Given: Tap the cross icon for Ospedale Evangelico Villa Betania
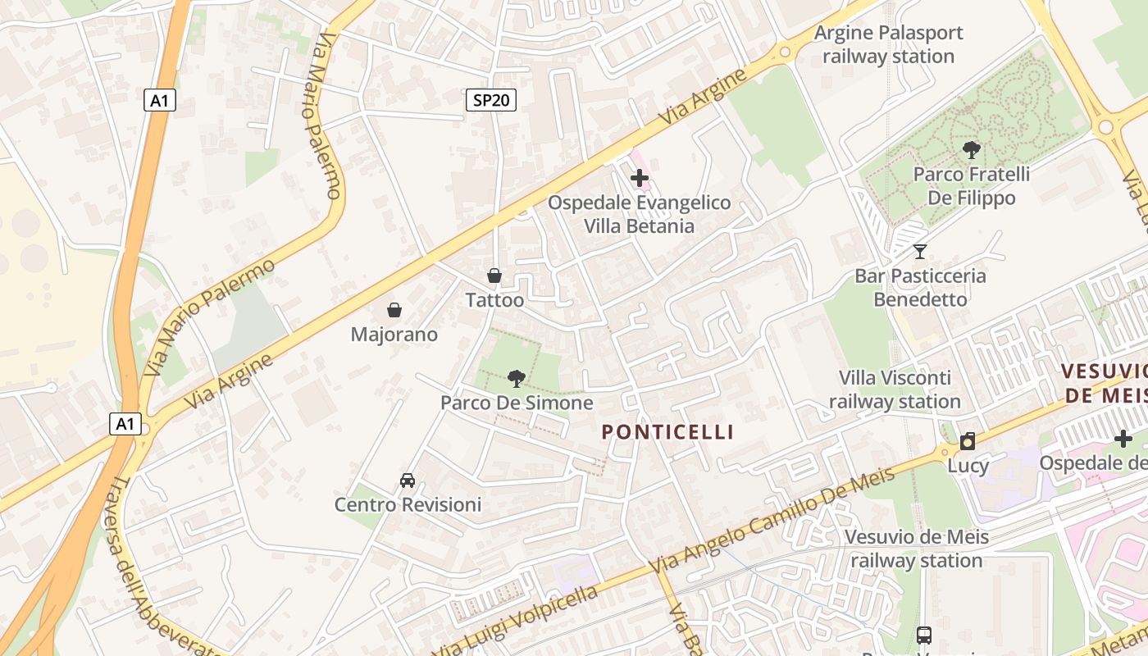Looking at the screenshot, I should pyautogui.click(x=640, y=177).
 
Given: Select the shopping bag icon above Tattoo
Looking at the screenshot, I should pyautogui.click(x=494, y=276).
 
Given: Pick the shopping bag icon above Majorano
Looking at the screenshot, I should pyautogui.click(x=394, y=310).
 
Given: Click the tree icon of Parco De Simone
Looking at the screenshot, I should pyautogui.click(x=517, y=378).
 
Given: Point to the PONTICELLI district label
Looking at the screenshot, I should pyautogui.click(x=667, y=432).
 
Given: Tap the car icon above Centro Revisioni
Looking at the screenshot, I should pyautogui.click(x=408, y=480).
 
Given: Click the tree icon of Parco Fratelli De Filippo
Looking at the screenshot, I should pyautogui.click(x=972, y=149).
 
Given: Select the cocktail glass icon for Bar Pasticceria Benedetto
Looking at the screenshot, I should pyautogui.click(x=920, y=251).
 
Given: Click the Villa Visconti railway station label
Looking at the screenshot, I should pyautogui.click(x=895, y=389).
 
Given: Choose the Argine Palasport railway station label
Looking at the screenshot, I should pyautogui.click(x=888, y=44).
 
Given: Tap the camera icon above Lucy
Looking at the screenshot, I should pyautogui.click(x=968, y=441).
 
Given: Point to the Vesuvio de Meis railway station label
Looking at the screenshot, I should pyautogui.click(x=916, y=549).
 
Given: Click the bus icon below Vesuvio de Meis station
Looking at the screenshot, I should pyautogui.click(x=924, y=635).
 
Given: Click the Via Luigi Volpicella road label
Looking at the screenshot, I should pyautogui.click(x=517, y=621).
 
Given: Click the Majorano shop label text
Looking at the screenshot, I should pyautogui.click(x=394, y=335).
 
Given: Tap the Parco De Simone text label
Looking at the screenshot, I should pyautogui.click(x=517, y=403).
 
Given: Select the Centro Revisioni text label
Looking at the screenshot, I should pyautogui.click(x=408, y=504).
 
